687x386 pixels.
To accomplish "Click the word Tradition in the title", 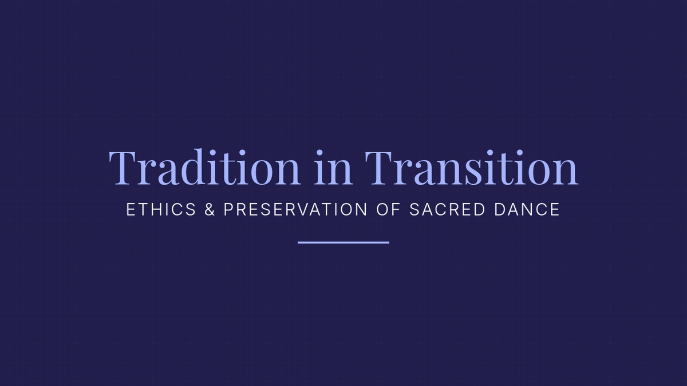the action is [204, 167].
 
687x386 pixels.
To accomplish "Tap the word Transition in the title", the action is [471, 167].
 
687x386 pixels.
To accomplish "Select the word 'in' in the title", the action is [333, 168].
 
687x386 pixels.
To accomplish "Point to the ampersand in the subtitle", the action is [210, 209].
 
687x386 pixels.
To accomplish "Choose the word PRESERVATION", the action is [295, 209].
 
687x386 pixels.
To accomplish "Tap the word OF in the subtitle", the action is [388, 209].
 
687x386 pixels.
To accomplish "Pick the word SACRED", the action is [448, 209].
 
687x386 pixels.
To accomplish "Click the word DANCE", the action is [527, 209].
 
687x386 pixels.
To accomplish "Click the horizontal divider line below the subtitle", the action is [343, 242].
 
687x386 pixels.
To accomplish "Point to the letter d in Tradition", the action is [196, 167].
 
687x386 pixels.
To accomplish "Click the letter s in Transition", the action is [473, 173].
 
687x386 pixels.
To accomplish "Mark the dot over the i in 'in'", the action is [319, 153].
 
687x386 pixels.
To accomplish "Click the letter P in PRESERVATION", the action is [229, 209].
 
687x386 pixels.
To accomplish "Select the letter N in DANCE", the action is [526, 209].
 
